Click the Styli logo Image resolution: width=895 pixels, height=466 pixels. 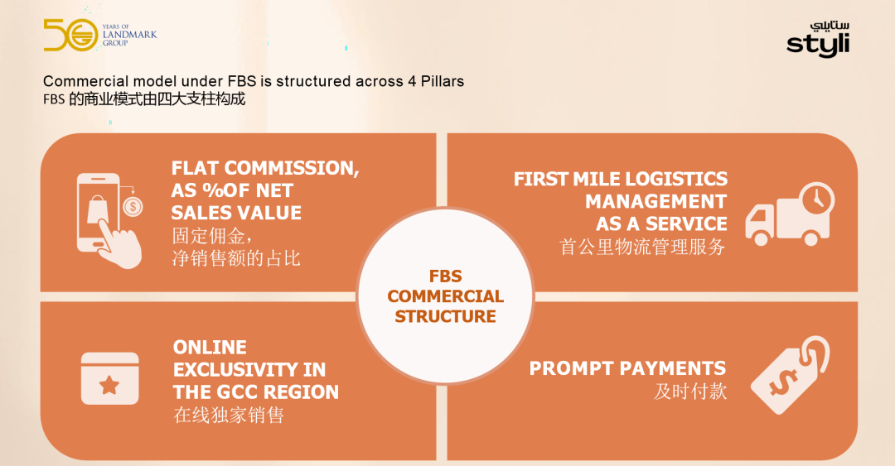[818, 40]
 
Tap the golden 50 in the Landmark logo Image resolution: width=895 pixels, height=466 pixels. [70, 35]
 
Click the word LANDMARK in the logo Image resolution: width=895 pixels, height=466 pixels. [129, 34]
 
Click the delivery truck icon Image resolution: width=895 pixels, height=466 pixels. [790, 214]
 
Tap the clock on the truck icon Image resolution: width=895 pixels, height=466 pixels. [817, 199]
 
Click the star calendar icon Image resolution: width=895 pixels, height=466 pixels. [109, 378]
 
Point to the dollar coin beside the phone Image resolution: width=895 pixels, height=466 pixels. [133, 206]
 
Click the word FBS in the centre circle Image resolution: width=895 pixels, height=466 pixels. [445, 276]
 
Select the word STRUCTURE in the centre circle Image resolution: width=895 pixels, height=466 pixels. [445, 316]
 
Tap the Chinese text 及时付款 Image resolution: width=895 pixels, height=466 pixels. [690, 392]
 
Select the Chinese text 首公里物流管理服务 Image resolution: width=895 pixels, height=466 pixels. [642, 247]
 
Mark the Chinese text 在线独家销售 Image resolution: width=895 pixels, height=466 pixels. [229, 415]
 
